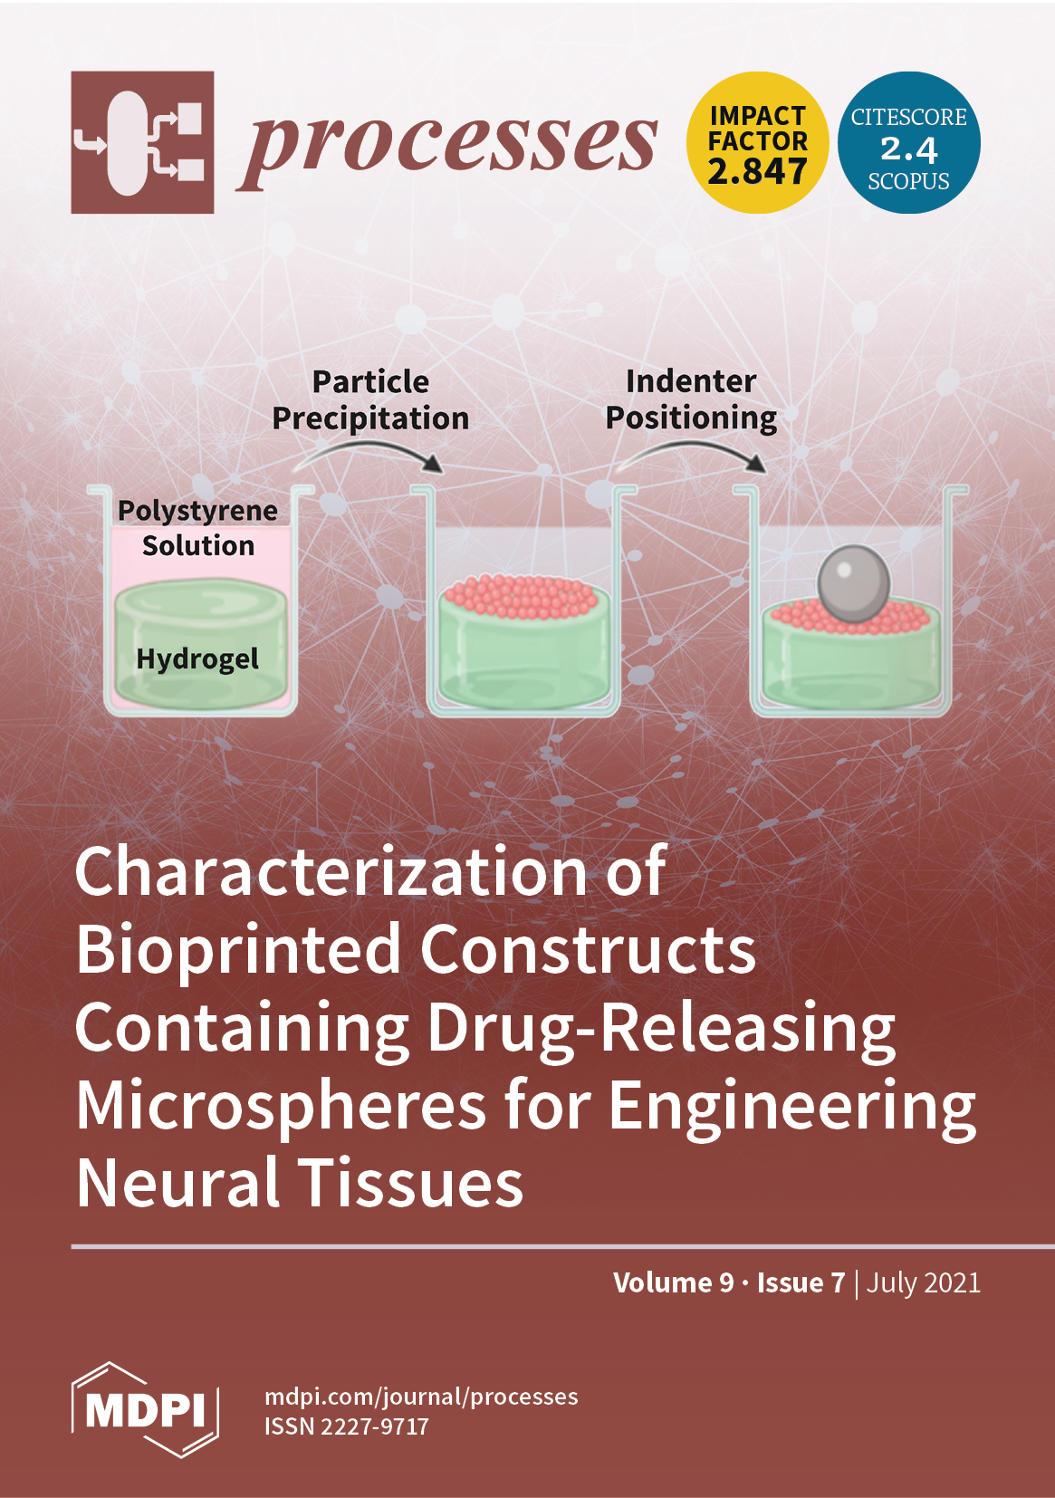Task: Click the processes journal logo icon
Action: pos(142,142)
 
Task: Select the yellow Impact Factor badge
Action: pos(757,142)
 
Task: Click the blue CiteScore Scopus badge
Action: pos(908,142)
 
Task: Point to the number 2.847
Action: pos(757,171)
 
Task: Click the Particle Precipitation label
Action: pos(370,399)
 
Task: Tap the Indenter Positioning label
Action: pos(691,399)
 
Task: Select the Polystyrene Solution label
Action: pos(197,528)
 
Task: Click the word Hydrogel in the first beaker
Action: pos(197,658)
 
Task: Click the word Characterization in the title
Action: pos(331,871)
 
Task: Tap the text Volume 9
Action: pos(673,1282)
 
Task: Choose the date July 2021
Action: pos(923,1282)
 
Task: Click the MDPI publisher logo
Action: pos(145,1409)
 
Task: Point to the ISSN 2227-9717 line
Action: pos(347,1426)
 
